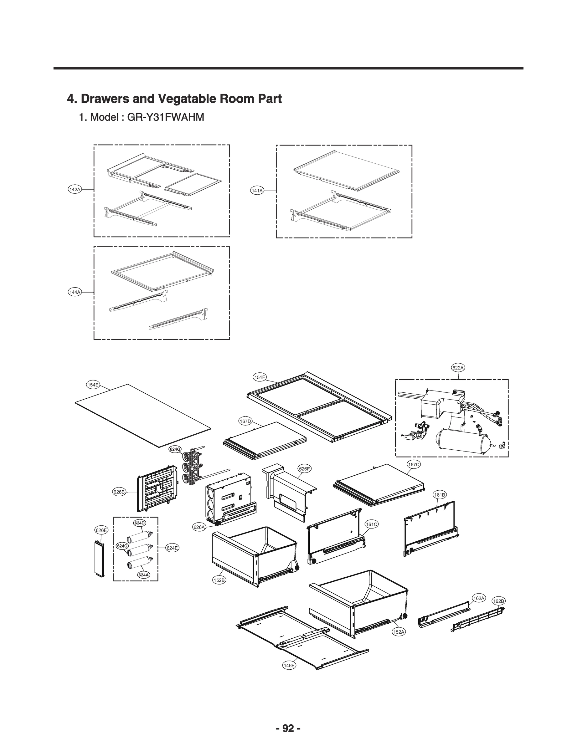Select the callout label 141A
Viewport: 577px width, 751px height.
pos(257,191)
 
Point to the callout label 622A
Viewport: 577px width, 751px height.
pos(458,368)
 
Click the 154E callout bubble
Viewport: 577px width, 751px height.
pos(93,385)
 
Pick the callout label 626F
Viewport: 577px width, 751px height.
pos(304,468)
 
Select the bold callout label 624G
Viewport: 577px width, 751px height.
pos(175,449)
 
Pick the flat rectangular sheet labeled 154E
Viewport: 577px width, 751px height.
pos(142,415)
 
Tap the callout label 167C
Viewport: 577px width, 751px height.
pos(414,464)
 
